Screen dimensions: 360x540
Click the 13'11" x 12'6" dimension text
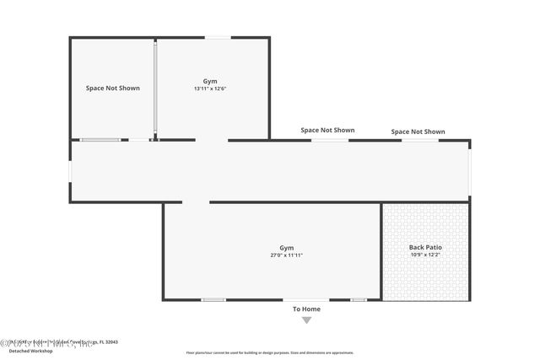(x=210, y=89)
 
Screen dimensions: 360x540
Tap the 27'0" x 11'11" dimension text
(x=286, y=255)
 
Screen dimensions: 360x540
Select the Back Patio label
(x=425, y=247)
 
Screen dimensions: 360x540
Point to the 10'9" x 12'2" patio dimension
(x=425, y=255)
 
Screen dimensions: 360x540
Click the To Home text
(x=306, y=309)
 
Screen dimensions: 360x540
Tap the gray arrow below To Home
(x=306, y=320)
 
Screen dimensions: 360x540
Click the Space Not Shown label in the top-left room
(x=112, y=88)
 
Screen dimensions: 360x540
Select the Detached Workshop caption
(x=31, y=351)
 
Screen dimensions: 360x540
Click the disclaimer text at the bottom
(x=270, y=352)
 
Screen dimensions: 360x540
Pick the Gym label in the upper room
(x=210, y=81)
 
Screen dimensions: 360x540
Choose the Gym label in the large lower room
(x=287, y=247)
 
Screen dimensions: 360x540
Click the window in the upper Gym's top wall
(x=219, y=37)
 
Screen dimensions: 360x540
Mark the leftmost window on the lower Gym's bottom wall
(x=213, y=299)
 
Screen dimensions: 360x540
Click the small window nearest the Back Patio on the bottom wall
(x=359, y=299)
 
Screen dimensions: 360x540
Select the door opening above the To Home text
(x=305, y=299)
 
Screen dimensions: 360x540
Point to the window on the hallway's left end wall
(x=70, y=171)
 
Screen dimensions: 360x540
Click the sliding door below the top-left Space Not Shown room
(x=100, y=140)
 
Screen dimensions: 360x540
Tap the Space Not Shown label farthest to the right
(x=418, y=132)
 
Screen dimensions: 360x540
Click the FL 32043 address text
(x=108, y=342)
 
